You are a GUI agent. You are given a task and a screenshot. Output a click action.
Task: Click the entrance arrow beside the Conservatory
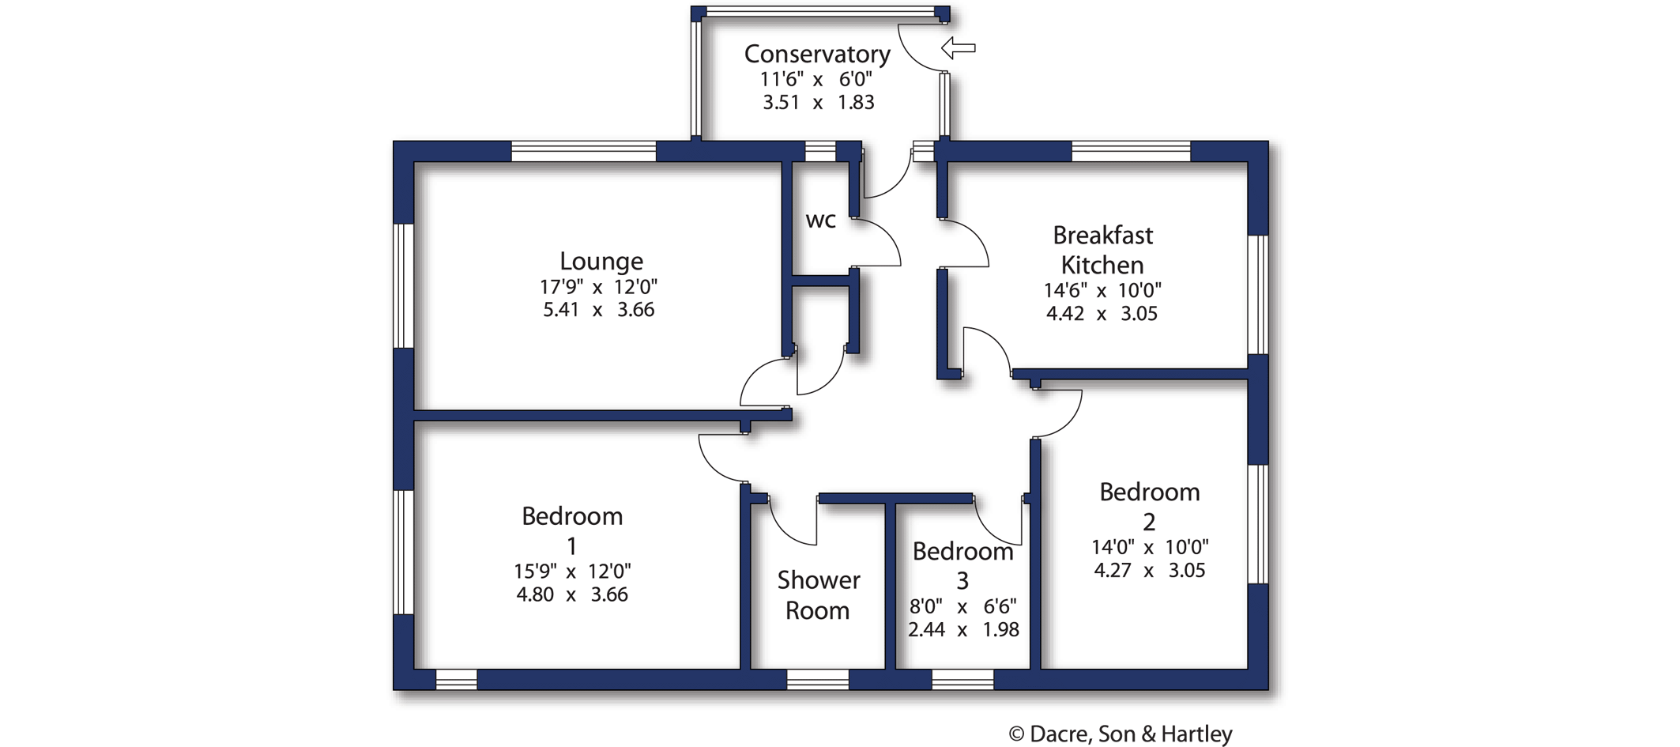click(x=959, y=48)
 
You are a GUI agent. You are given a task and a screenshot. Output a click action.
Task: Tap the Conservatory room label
click(x=817, y=54)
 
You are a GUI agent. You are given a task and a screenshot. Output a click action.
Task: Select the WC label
click(x=820, y=221)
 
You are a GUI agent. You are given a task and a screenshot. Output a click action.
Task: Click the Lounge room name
click(x=601, y=261)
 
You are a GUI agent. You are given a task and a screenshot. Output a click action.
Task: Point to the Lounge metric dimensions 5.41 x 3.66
click(x=598, y=310)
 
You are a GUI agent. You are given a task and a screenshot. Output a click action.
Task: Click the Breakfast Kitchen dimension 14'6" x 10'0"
click(x=1102, y=290)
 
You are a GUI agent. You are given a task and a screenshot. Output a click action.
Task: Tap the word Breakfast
click(x=1102, y=236)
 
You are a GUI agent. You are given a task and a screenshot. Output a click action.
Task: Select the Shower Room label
click(x=818, y=595)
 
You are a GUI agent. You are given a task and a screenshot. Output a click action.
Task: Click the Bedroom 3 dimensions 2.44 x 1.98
click(x=962, y=630)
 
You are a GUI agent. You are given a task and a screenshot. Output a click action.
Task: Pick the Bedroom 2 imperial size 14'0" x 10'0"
click(x=1150, y=547)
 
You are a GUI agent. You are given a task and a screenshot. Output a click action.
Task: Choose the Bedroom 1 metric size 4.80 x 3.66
click(x=571, y=594)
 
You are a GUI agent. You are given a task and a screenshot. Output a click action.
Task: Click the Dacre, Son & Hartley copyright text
click(x=1120, y=734)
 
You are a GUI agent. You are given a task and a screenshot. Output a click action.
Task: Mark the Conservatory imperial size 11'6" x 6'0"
click(x=816, y=79)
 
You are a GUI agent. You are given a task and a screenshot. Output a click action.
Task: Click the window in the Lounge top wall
click(x=583, y=151)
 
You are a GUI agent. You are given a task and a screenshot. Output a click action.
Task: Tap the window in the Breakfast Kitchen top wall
click(x=1130, y=151)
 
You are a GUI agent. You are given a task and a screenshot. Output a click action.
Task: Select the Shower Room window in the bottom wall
click(x=817, y=680)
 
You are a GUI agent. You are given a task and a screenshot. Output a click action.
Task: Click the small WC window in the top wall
click(x=819, y=151)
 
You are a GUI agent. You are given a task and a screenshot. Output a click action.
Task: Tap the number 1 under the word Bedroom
click(x=571, y=546)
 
